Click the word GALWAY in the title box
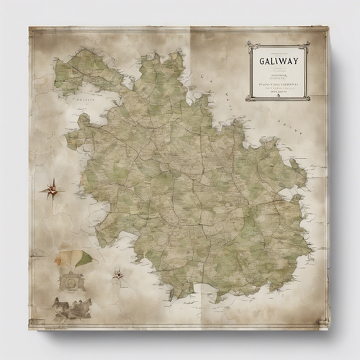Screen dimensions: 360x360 (x=277, y=60)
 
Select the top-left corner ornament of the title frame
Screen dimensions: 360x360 (x=249, y=45)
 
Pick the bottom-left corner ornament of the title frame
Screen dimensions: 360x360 (x=249, y=97)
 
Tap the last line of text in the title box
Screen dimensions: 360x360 (x=278, y=91)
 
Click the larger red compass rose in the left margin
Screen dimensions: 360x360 (x=51, y=190)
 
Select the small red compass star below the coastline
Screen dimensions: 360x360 (x=117, y=274)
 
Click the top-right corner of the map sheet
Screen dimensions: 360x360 (x=328, y=28)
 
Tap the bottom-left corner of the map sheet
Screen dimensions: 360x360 (x=30, y=328)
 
